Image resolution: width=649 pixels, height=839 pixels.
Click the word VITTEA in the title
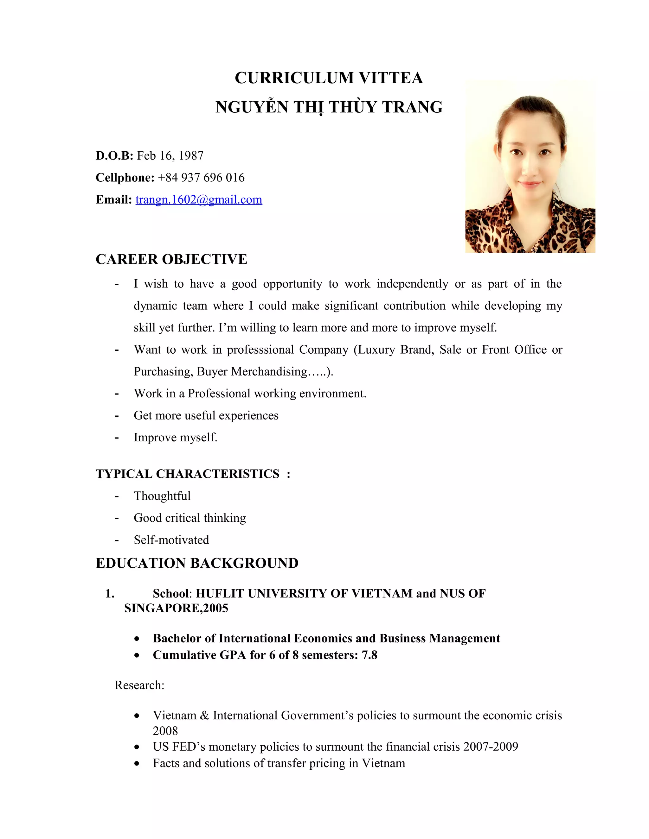tap(391, 78)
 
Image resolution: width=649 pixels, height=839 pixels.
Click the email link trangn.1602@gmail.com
tap(199, 200)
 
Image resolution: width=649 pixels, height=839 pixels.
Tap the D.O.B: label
tap(114, 155)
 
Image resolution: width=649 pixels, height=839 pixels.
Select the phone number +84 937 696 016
tap(201, 178)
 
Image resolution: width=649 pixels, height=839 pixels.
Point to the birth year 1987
tap(191, 155)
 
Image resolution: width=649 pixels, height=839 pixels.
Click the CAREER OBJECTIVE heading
tap(171, 259)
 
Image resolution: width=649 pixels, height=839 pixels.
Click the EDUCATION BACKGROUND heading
tap(197, 563)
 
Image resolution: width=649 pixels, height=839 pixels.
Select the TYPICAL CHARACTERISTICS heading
tap(188, 474)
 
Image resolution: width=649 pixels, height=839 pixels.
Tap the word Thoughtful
tap(162, 496)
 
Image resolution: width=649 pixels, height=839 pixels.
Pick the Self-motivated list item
tap(171, 540)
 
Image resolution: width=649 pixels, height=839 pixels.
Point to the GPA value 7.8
tap(369, 655)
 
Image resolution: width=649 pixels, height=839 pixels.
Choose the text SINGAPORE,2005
tap(176, 608)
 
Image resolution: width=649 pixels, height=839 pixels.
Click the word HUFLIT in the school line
tap(220, 594)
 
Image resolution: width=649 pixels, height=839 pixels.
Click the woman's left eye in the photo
tap(544, 153)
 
